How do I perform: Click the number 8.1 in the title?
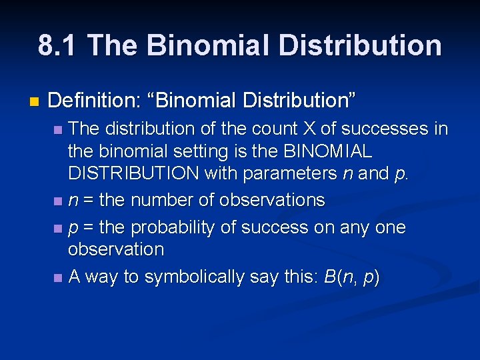[x=57, y=45]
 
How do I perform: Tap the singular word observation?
[x=115, y=250]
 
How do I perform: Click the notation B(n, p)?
[x=351, y=277]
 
